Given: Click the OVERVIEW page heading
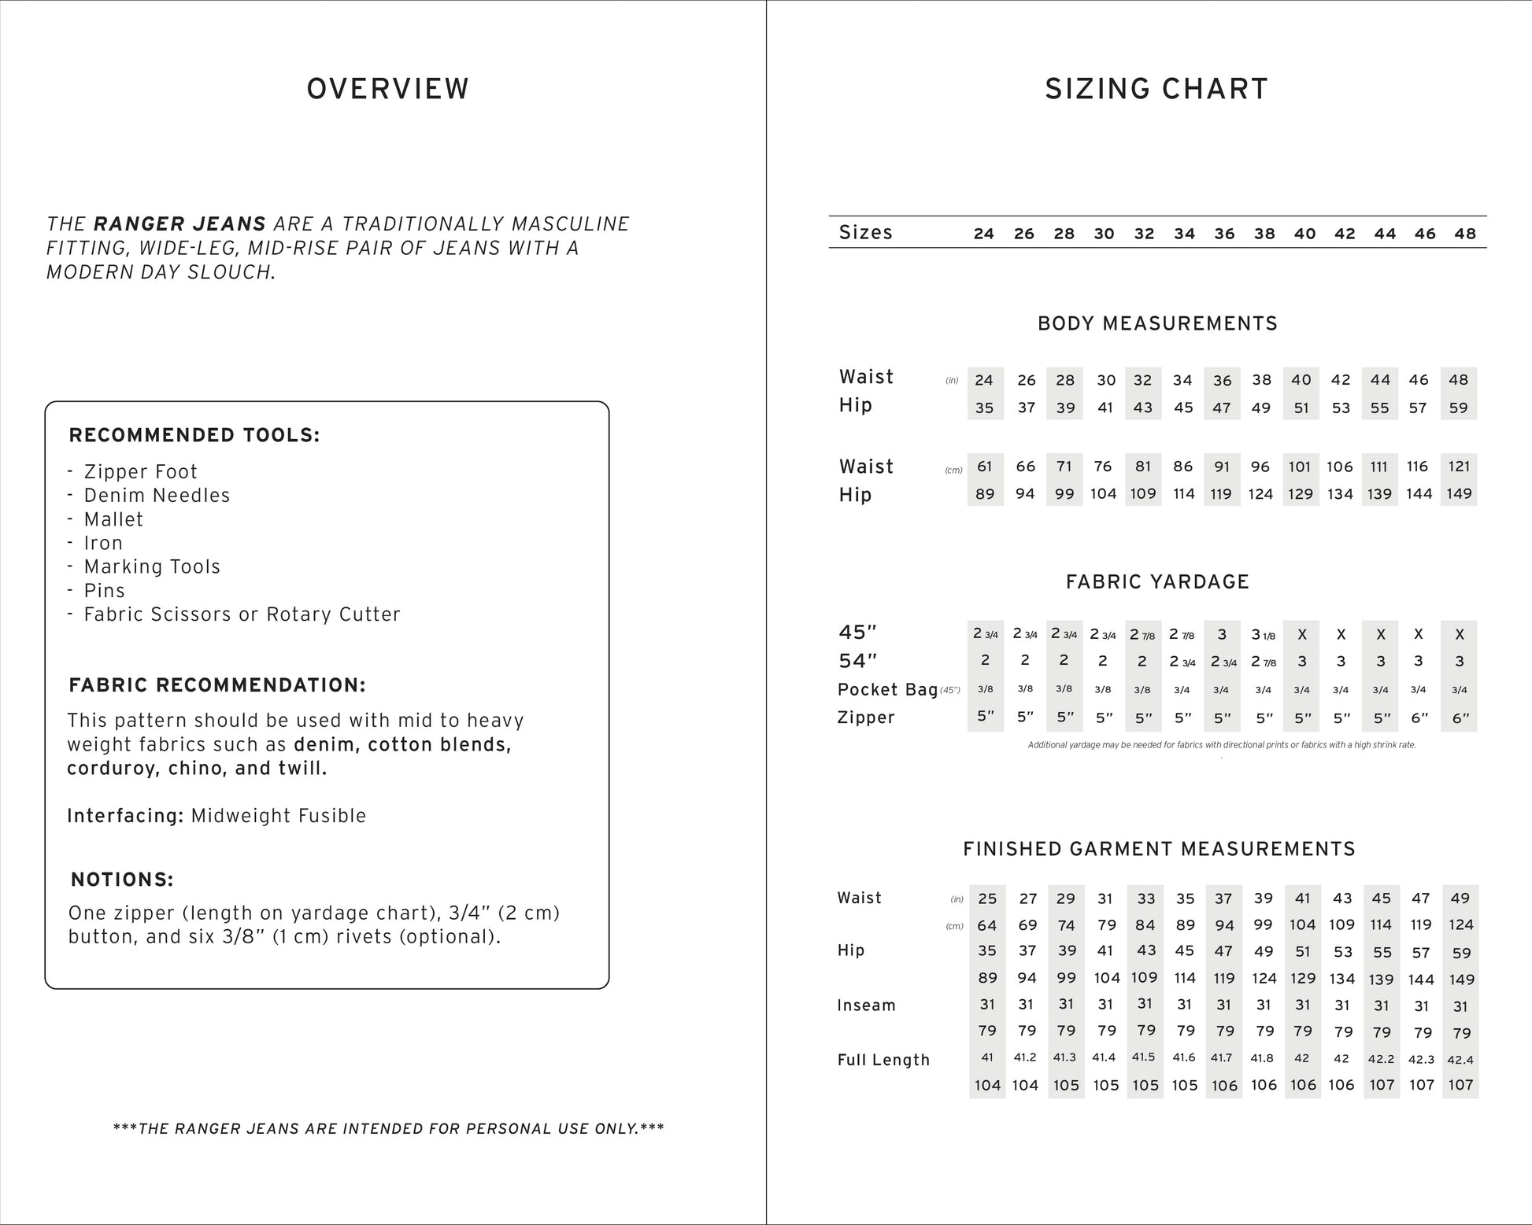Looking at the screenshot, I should pos(387,89).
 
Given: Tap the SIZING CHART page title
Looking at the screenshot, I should pos(1156,89).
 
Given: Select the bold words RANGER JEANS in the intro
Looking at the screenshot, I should pos(179,224).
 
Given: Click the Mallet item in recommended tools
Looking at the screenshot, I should pos(113,519).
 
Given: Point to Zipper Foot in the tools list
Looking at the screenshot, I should pos(140,471).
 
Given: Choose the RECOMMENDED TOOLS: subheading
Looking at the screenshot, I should pos(194,435).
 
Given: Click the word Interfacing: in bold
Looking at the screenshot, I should pos(125,816).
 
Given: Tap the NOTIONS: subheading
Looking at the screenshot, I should pos(122,879).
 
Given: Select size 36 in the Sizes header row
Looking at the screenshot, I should pos(1224,234).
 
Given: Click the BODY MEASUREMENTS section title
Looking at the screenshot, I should pos(1157,323).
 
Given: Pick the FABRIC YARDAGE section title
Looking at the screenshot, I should pos(1157,581).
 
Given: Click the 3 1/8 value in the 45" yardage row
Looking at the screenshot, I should pos(1263,634).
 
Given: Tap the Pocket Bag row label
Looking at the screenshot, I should pos(887,690).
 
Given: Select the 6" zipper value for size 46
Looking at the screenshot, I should pos(1419,718).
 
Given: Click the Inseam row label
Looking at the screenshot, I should pos(866,1005).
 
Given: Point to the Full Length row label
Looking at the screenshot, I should pos(883,1060).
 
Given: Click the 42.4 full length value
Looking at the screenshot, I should pos(1460,1060).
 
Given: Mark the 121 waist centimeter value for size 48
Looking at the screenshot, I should pos(1459,467).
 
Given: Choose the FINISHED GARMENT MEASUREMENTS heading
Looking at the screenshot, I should pos(1159,849).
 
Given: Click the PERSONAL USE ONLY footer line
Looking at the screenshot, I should pos(388,1129).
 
